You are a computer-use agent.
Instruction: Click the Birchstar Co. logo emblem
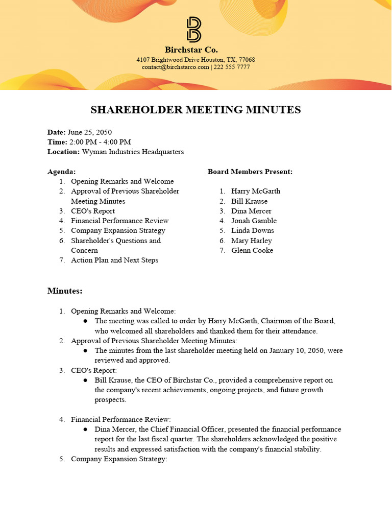[194, 30]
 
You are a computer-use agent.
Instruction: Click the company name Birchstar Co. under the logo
[191, 50]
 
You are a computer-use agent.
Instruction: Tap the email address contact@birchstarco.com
[176, 67]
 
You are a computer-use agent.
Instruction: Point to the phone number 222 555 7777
[232, 67]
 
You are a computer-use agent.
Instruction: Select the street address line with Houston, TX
[195, 59]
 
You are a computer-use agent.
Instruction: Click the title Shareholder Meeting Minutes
[195, 110]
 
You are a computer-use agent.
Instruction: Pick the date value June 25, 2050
[90, 132]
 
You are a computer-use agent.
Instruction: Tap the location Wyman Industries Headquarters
[133, 152]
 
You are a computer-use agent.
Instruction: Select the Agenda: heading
[62, 172]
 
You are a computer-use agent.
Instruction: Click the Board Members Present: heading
[250, 172]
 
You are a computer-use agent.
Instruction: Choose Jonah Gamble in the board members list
[254, 221]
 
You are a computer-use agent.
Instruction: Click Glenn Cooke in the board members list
[252, 250]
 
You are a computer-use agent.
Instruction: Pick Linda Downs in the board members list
[253, 230]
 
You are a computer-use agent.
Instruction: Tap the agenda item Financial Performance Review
[119, 221]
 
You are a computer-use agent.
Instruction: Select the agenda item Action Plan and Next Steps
[114, 260]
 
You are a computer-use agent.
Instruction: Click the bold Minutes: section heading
[65, 291]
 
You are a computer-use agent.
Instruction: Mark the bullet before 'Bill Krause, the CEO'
[85, 381]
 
